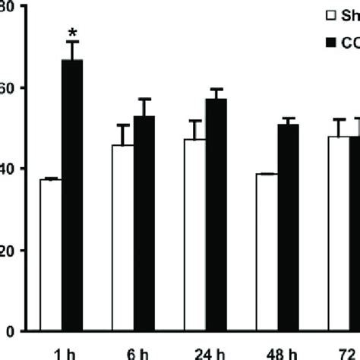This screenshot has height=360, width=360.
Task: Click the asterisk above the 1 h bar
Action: tap(71, 33)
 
